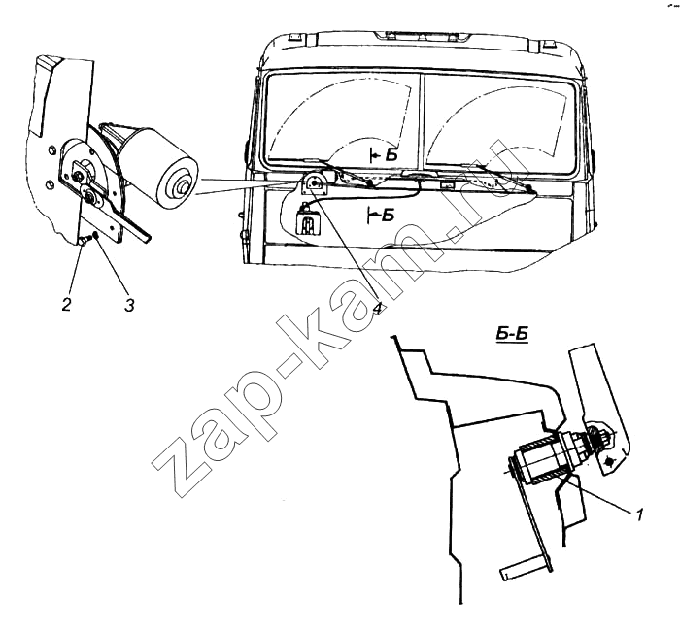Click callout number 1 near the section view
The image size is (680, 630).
[639, 515]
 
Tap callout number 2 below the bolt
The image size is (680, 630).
[66, 305]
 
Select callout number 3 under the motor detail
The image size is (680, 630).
[129, 305]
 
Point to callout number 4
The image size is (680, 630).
[378, 309]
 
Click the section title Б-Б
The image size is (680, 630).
[512, 334]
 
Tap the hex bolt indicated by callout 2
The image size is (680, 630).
[84, 241]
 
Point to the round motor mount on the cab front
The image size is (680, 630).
[312, 183]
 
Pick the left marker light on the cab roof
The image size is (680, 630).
[297, 36]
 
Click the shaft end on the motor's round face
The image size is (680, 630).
[182, 186]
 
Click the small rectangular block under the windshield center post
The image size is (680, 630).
[446, 184]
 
